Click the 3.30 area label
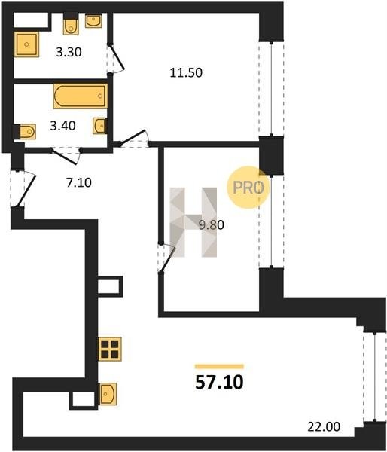pos(69,52)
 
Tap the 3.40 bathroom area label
pos(62,126)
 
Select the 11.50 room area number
pos(186,72)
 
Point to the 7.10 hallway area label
pos(79,182)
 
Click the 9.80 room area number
pos(212,224)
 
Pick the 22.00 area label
pos(324,426)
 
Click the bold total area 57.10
pos(219,383)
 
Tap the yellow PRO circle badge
pos(248,188)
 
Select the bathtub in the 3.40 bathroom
pos(81,96)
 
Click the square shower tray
pos(26,44)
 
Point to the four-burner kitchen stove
pos(110,349)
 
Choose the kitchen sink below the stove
pos(108,394)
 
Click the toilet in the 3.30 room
pos(71,24)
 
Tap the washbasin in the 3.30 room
pos(93,21)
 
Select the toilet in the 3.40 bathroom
pos(25,132)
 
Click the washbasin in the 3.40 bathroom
pos(99,126)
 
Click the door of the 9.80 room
pos(166,258)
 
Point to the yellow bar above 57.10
pos(219,367)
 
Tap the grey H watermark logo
pos(193,222)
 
